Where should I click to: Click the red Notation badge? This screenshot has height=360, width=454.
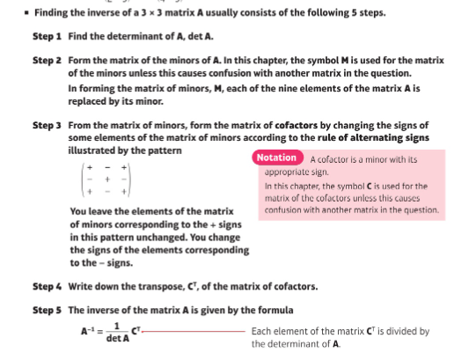[277, 158]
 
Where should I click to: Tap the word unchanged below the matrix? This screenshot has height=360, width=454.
[182, 238]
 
